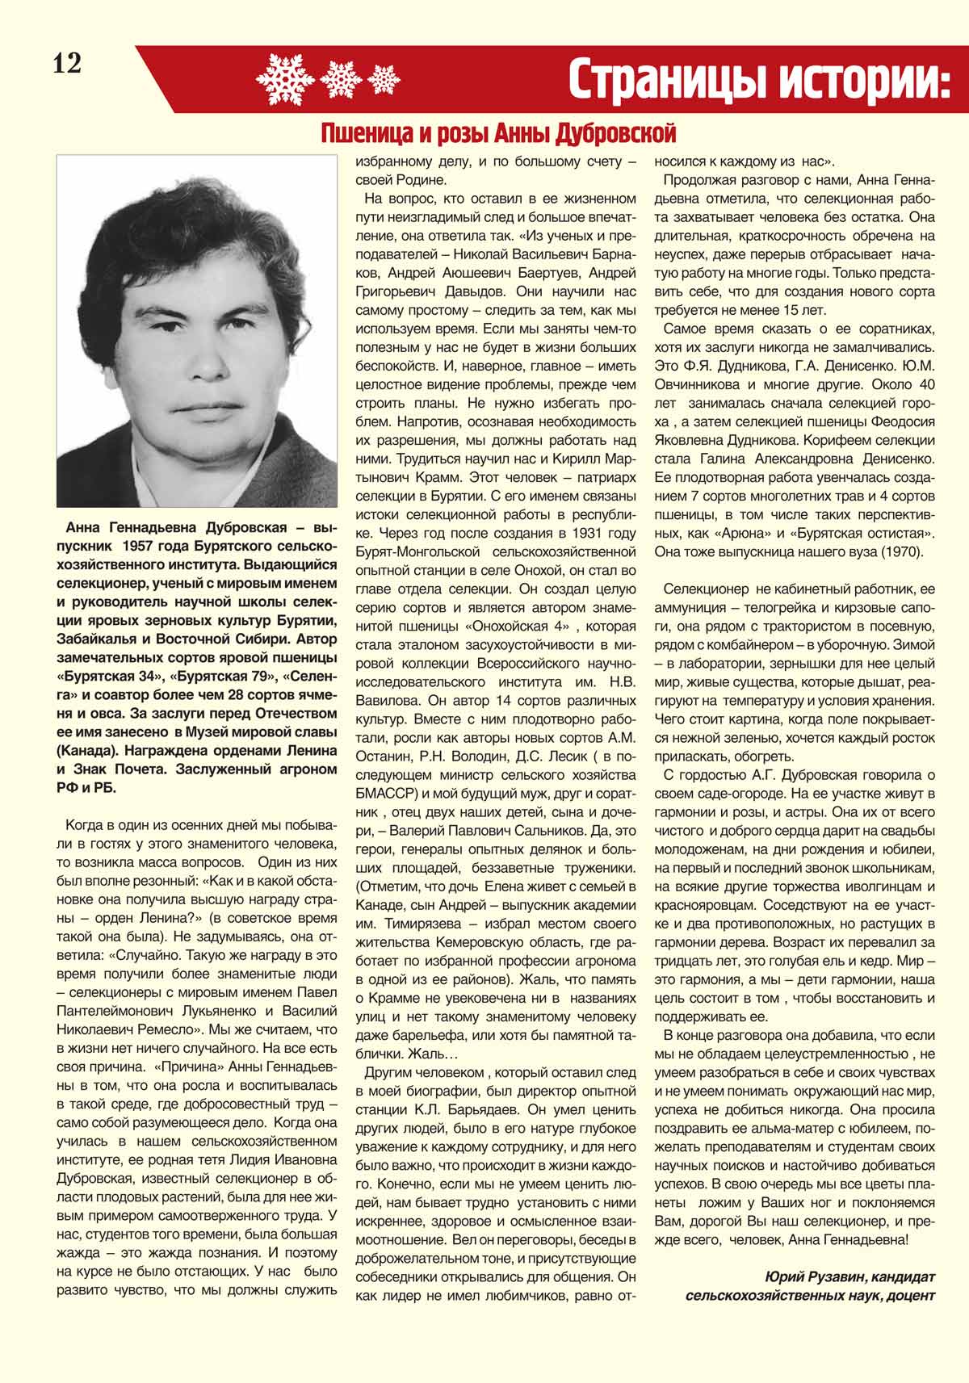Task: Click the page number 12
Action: coord(68,64)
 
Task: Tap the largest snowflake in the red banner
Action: coord(285,78)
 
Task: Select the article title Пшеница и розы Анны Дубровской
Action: coord(497,132)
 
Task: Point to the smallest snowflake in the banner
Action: coord(384,79)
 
